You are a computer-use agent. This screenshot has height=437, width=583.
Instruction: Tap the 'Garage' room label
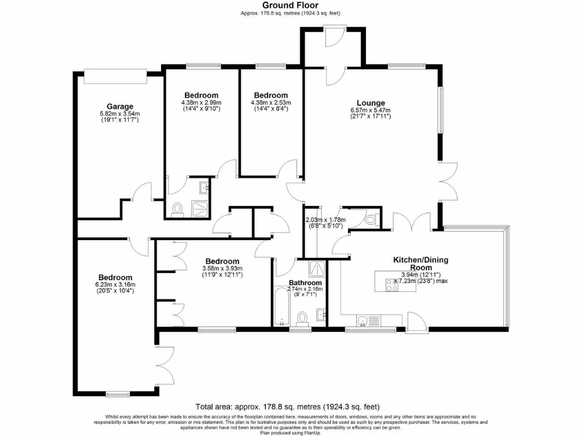click(120, 106)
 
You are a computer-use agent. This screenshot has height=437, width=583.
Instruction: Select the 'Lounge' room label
click(371, 103)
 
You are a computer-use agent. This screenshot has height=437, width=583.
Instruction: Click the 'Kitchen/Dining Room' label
click(421, 263)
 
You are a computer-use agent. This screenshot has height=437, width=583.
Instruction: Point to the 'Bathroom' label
click(305, 282)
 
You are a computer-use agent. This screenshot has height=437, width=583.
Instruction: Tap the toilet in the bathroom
click(303, 316)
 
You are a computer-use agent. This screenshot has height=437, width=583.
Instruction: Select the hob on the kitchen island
click(392, 286)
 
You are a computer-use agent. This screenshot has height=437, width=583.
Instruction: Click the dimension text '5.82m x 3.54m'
click(120, 114)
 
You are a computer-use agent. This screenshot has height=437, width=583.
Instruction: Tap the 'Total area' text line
click(288, 407)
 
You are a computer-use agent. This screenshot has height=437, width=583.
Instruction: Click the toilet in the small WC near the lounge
click(372, 219)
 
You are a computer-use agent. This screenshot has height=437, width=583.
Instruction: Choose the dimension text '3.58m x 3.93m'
click(223, 269)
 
